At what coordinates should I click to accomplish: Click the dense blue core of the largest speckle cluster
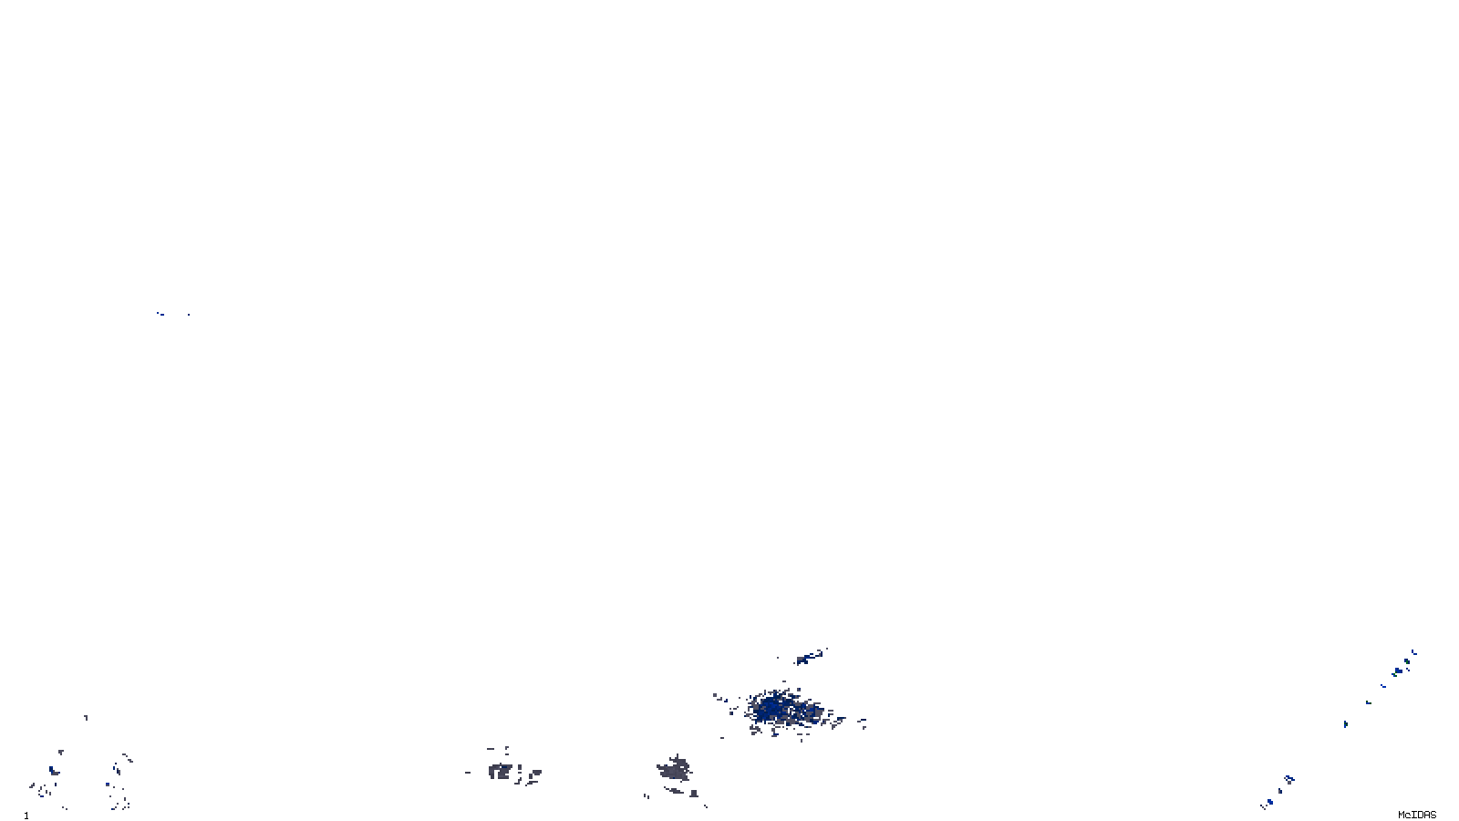773,707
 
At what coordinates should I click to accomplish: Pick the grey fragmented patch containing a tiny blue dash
502,772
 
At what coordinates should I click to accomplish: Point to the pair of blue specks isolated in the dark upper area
162,314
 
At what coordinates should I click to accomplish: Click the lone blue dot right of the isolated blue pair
188,315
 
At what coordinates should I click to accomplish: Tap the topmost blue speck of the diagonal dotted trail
1413,652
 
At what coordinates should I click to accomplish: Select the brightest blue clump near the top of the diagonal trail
1397,672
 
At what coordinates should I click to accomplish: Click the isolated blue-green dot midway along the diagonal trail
1345,724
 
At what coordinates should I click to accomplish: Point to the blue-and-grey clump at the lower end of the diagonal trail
1288,779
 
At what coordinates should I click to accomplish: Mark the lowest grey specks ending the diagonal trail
1267,804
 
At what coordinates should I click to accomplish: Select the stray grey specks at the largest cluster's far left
719,699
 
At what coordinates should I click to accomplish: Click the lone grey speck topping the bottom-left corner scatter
86,718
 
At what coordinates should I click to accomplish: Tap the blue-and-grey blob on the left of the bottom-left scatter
53,772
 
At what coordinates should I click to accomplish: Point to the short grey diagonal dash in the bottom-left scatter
127,757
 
